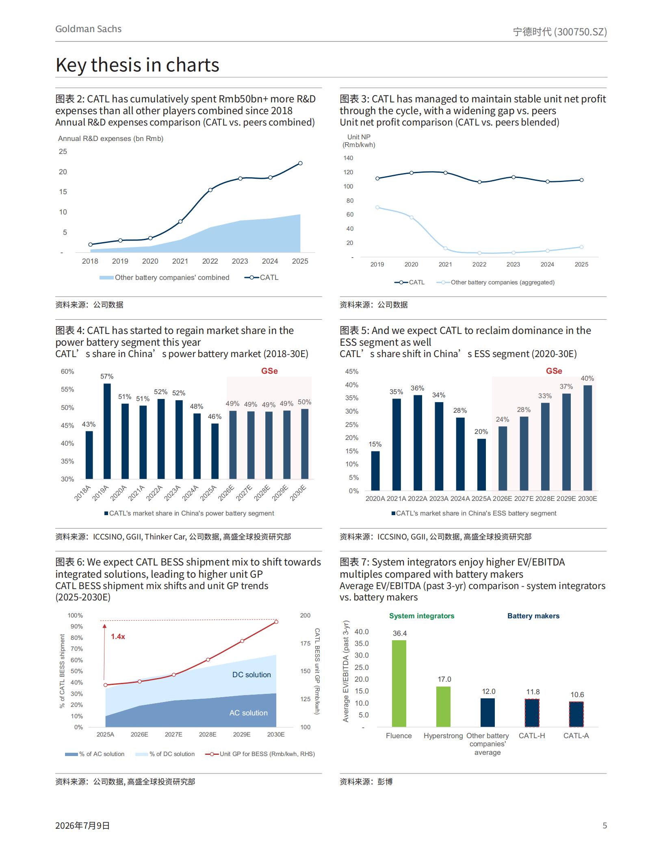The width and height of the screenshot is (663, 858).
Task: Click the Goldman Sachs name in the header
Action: (88, 29)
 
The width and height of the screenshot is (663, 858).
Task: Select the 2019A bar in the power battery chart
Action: (107, 431)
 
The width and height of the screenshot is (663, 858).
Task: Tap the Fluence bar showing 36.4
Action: (399, 684)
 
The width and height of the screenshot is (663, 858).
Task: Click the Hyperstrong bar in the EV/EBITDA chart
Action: (443, 707)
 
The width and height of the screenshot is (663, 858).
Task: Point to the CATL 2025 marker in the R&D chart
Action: (300, 163)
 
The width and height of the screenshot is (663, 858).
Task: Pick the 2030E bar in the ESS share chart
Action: (587, 438)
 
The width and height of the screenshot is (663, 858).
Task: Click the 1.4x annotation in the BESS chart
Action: (118, 637)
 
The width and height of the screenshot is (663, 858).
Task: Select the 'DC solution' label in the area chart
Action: (251, 675)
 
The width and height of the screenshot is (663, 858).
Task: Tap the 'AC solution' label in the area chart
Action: (249, 713)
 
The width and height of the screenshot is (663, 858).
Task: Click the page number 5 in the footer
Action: (604, 825)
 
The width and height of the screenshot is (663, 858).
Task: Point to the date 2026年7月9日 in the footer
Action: (82, 825)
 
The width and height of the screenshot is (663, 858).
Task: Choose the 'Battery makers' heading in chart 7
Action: (533, 616)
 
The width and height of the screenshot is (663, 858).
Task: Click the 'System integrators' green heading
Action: (422, 616)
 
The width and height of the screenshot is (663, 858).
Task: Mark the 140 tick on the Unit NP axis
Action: (349, 158)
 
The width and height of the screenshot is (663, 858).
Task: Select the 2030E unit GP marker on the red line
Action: (276, 622)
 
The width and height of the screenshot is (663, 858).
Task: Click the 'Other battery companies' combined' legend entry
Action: (165, 277)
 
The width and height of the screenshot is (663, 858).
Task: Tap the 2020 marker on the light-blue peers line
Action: (412, 217)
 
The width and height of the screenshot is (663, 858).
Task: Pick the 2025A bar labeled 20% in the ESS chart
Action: (481, 465)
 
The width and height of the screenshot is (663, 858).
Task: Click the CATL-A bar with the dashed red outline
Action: (576, 714)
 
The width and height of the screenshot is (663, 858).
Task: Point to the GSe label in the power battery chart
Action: (269, 371)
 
